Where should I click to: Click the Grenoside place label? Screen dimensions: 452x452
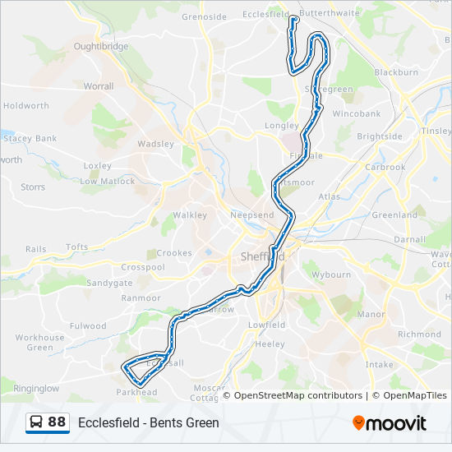click(204, 16)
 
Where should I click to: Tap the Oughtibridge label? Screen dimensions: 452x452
click(101, 47)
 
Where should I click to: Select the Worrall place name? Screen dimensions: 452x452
click(99, 85)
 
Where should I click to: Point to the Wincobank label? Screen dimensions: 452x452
click(357, 113)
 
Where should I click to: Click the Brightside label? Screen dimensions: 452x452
click(380, 136)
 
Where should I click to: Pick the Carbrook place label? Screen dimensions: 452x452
click(385, 167)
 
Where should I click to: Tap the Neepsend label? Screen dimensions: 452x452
click(252, 214)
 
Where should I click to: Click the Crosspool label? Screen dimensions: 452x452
click(143, 267)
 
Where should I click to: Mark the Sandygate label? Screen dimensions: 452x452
click(109, 283)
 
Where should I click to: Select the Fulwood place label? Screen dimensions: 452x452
click(88, 326)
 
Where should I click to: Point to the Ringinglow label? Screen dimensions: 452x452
click(36, 388)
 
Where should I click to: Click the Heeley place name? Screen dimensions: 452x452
click(270, 344)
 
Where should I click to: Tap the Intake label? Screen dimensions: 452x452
click(379, 363)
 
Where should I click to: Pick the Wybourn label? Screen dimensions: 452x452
click(333, 274)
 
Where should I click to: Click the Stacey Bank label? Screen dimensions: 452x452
click(30, 139)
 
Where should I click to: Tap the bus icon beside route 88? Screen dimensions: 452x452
click(37, 422)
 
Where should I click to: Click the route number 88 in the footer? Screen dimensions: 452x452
click(57, 422)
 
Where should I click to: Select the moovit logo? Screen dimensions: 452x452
click(390, 423)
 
